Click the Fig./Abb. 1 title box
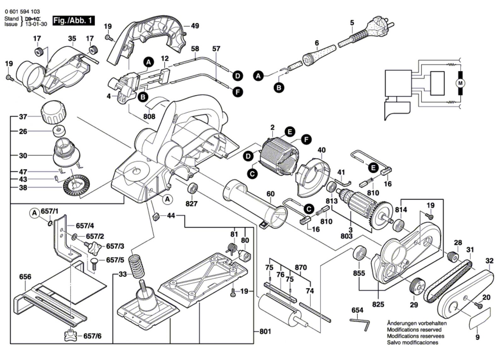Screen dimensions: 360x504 click(73, 21)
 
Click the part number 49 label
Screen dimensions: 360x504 click(195, 26)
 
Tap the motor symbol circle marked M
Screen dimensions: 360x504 click(461, 83)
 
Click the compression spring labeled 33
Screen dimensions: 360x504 click(136, 266)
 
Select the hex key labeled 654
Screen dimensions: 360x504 click(361, 323)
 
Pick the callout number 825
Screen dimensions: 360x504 click(378, 304)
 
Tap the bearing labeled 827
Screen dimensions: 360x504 click(192, 188)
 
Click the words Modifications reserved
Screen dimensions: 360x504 click(414, 330)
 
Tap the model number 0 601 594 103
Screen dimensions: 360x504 click(22, 12)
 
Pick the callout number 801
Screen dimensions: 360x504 click(265, 331)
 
